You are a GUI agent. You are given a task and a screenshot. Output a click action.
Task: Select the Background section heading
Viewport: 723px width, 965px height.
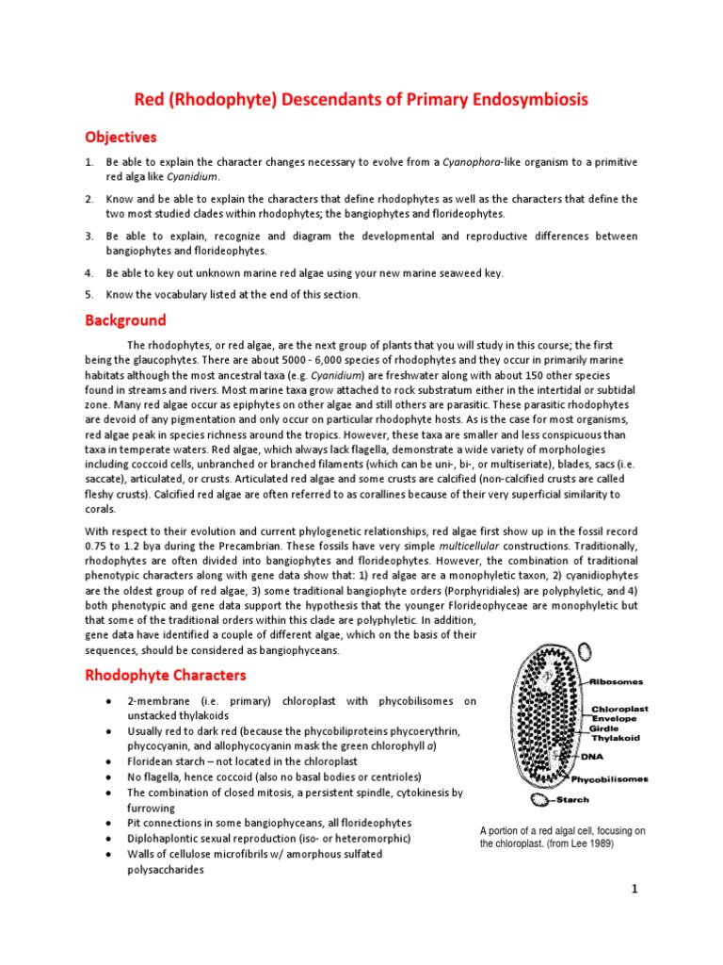pyautogui.click(x=125, y=320)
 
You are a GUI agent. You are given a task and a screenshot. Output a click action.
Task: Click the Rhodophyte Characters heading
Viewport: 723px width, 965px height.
pyautogui.click(x=166, y=675)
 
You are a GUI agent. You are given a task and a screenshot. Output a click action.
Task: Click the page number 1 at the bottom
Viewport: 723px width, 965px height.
pyautogui.click(x=635, y=891)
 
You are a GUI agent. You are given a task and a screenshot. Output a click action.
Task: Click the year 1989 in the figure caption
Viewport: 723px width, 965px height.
pyautogui.click(x=599, y=843)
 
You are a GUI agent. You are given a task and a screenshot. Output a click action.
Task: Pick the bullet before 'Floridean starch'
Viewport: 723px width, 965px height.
pyautogui.click(x=111, y=761)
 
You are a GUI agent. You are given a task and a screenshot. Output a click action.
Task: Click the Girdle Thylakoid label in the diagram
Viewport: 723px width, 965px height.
pyautogui.click(x=615, y=734)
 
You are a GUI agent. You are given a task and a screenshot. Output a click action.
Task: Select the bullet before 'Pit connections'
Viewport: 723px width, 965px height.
pyautogui.click(x=111, y=823)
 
